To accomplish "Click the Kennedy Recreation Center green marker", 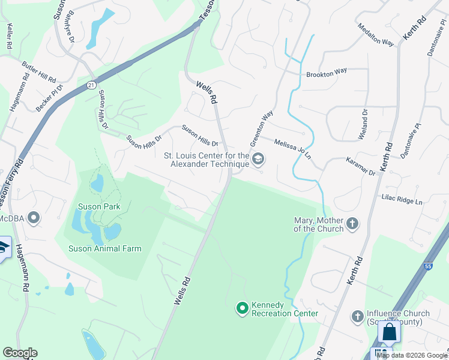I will (x=243, y=308).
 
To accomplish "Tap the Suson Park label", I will (x=99, y=206).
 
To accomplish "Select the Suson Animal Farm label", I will (x=105, y=248).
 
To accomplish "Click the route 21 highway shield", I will (x=91, y=85).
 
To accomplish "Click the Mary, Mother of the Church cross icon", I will (x=352, y=224).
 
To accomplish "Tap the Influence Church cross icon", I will (x=358, y=316).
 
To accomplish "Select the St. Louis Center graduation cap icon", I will (x=259, y=159).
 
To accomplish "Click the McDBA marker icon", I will (x=34, y=218).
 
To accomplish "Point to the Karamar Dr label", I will (x=361, y=167).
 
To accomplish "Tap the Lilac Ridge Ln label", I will (x=402, y=199).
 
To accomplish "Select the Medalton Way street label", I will (x=375, y=35).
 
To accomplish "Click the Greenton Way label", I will (x=262, y=128).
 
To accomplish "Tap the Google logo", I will (x=20, y=353).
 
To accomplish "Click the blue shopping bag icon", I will (x=389, y=332).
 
